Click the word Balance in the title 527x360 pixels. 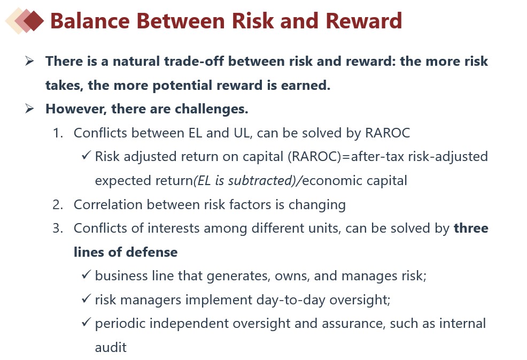pyautogui.click(x=90, y=21)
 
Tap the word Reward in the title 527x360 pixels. pyautogui.click(x=363, y=21)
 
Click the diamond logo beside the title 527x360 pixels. pyautogui.click(x=25, y=20)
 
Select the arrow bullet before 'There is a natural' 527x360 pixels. pyautogui.click(x=29, y=61)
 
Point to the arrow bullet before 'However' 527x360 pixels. pyautogui.click(x=29, y=109)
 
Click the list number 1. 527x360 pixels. pyautogui.click(x=58, y=133)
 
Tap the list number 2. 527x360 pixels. pyautogui.click(x=58, y=204)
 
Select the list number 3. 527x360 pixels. pyautogui.click(x=58, y=228)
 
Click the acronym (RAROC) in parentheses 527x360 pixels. pyautogui.click(x=314, y=157)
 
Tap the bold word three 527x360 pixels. pyautogui.click(x=471, y=228)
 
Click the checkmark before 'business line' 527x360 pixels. pyautogui.click(x=87, y=275)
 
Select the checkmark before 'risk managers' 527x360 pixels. pyautogui.click(x=87, y=299)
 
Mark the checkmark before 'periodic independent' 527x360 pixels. pyautogui.click(x=87, y=323)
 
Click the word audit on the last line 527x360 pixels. pyautogui.click(x=111, y=348)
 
